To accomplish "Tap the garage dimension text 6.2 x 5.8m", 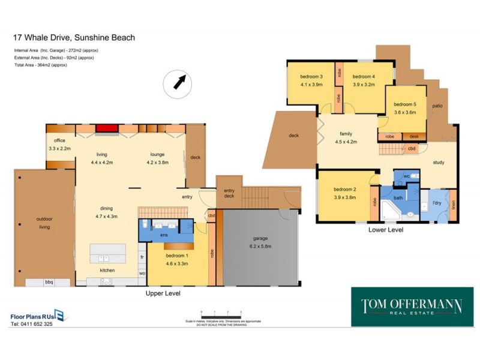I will coord(260,246).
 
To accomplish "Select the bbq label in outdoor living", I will coord(49,282).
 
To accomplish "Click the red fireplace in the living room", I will coord(107,128).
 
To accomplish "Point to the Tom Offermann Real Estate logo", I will coord(412,307).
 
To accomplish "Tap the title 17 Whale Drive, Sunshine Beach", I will coord(74,38).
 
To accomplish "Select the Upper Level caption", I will coord(163,293).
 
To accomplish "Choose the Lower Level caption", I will coord(385,230).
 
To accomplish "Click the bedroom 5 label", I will coord(405,104).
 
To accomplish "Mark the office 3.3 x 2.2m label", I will coord(59,145).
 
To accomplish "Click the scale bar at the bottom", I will coord(220,313).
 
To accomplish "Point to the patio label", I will coord(437,106).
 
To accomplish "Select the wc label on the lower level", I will coord(406,176).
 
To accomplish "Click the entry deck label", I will coord(229,193).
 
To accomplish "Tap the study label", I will coord(439,163).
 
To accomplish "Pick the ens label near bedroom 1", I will coord(163,235).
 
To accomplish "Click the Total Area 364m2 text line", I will coord(40,65).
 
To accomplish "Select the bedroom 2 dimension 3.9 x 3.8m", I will coord(345,197).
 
